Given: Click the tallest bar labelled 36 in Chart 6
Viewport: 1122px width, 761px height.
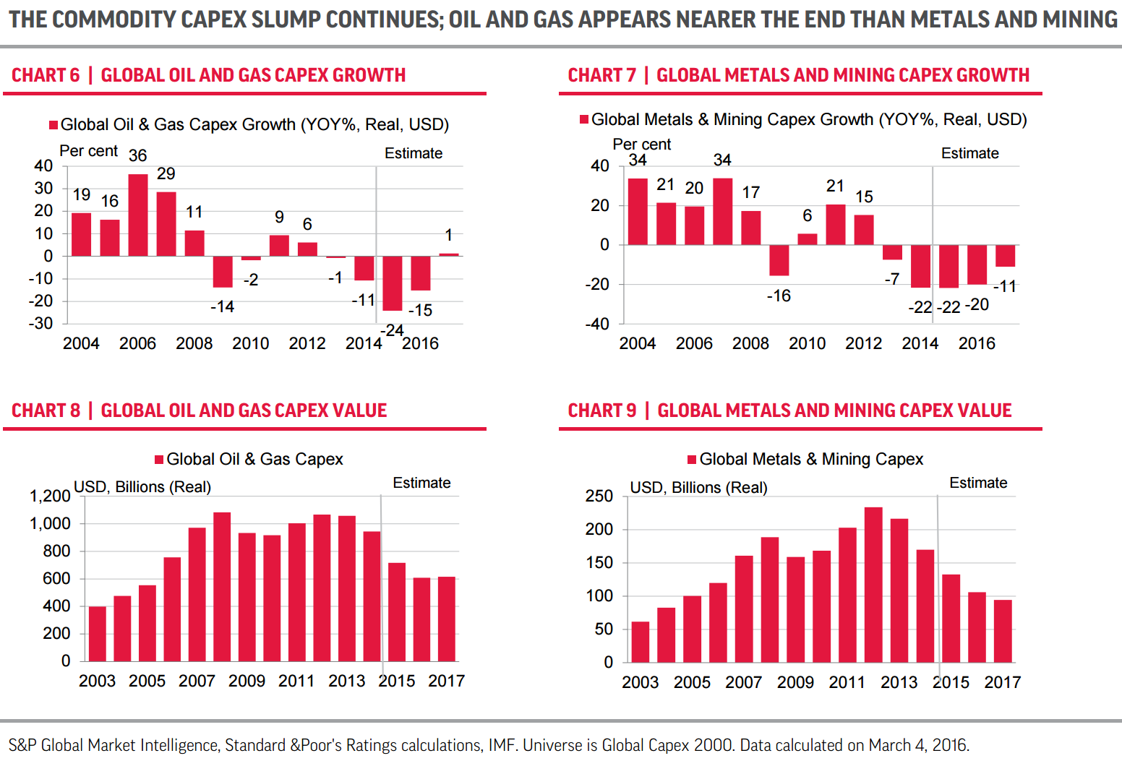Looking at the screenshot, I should [138, 215].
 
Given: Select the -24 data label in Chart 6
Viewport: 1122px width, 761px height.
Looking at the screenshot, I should [393, 330].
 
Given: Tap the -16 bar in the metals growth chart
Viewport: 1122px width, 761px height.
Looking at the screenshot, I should [779, 260].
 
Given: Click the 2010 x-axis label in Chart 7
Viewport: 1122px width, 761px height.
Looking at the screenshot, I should [807, 343].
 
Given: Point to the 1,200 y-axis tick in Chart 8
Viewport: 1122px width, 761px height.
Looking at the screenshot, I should [50, 496].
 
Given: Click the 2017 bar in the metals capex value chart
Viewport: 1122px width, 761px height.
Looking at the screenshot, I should [1003, 631].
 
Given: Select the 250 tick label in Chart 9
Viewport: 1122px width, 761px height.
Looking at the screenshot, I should [599, 496].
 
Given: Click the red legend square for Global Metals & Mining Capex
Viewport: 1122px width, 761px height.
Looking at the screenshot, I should [692, 460].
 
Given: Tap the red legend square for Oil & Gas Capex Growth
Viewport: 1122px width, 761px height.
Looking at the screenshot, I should [53, 125].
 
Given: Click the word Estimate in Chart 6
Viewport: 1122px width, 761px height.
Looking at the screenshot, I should [414, 153].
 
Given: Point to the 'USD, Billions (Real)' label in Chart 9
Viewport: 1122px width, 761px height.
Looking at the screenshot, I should [698, 488].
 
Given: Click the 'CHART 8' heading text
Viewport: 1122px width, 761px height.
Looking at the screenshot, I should [46, 410].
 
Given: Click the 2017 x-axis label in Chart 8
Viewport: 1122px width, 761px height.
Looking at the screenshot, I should [446, 681].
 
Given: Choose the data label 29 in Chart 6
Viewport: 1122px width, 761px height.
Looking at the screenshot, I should [166, 174].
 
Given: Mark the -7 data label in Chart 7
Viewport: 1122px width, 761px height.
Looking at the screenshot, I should [893, 279].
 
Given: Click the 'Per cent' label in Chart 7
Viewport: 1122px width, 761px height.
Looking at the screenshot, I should [642, 145].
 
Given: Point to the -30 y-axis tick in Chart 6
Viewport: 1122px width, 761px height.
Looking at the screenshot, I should [41, 324].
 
